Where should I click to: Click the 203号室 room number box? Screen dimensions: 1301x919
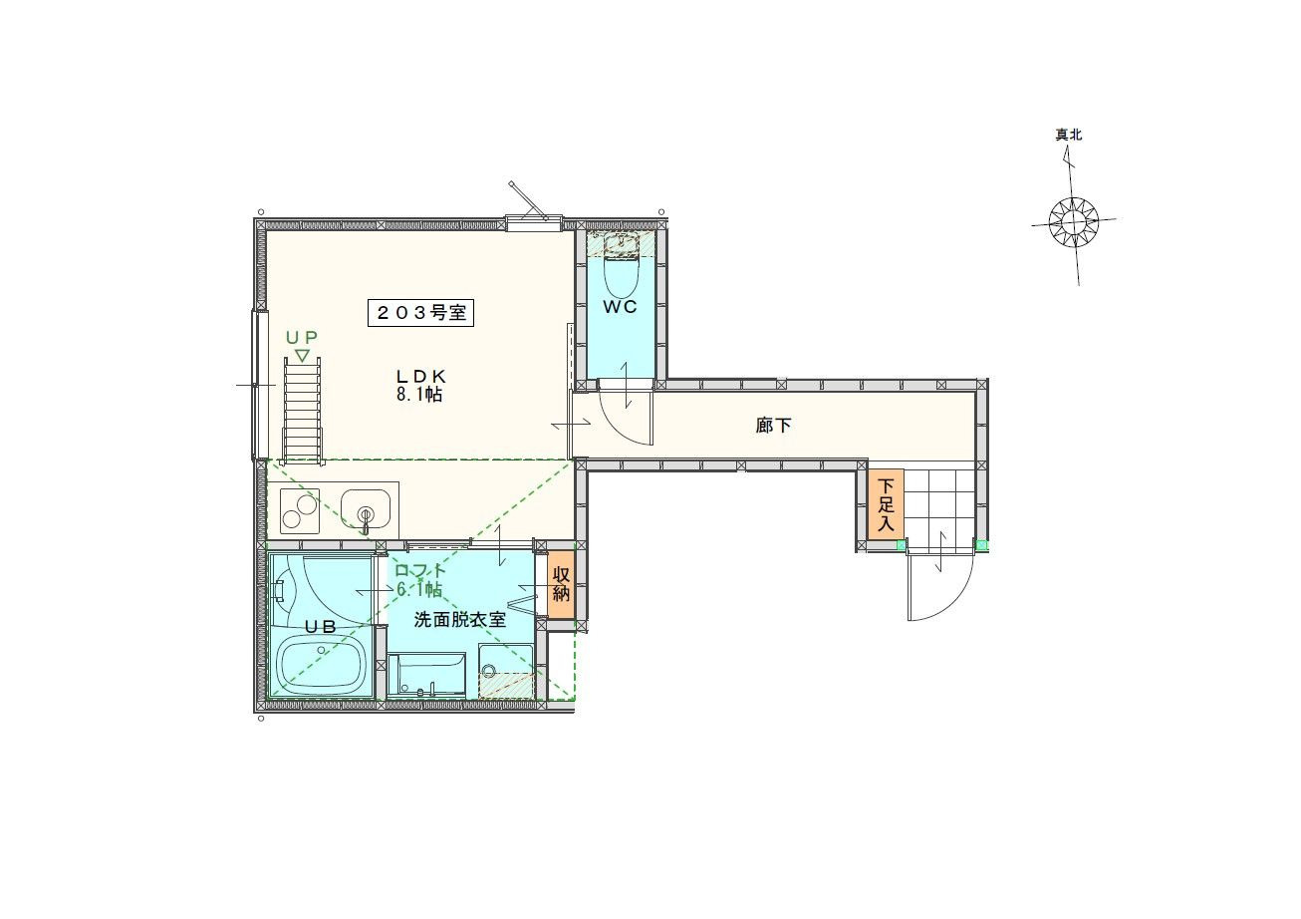click(421, 313)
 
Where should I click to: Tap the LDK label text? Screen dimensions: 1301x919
click(420, 376)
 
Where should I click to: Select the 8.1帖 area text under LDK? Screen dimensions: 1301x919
click(419, 394)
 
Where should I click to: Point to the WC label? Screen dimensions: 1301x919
click(621, 306)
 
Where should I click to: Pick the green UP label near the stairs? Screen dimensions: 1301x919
click(302, 337)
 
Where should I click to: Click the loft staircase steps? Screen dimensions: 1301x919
click(302, 411)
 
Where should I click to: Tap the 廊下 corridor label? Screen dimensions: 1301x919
click(774, 426)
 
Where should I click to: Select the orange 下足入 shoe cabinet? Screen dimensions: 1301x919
click(886, 504)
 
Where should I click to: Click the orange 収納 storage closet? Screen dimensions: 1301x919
click(561, 584)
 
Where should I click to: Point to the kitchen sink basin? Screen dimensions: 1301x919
click(366, 508)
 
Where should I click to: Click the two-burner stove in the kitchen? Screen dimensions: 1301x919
click(300, 511)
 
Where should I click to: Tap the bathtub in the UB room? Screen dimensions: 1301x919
click(323, 665)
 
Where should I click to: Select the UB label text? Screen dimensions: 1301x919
click(321, 626)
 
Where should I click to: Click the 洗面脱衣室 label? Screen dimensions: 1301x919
click(460, 620)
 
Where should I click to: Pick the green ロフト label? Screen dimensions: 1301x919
click(420, 571)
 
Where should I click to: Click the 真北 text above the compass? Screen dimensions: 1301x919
click(1069, 135)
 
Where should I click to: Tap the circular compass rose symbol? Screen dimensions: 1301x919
click(1074, 221)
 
